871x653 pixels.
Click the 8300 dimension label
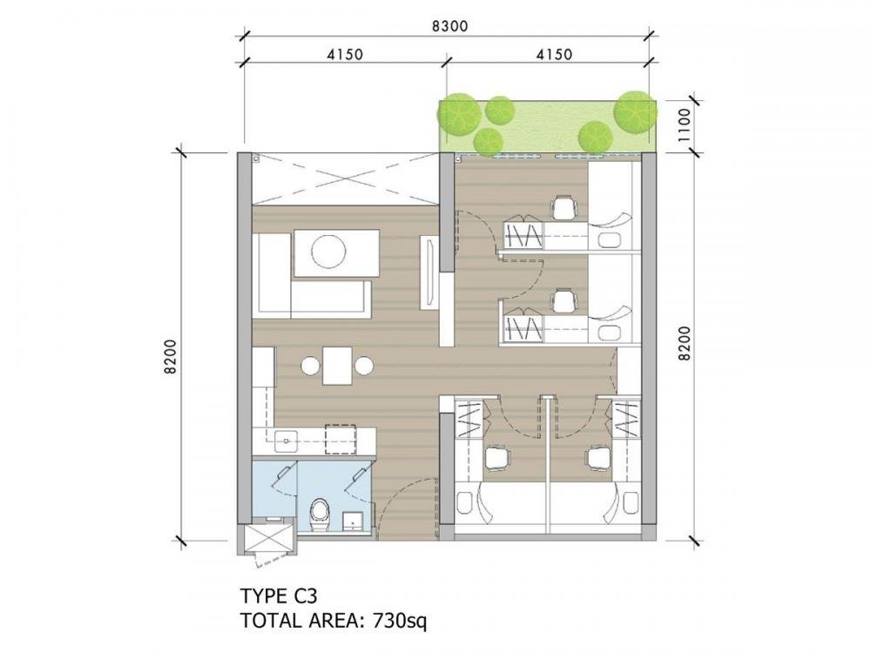450,26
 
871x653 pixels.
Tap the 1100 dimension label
684,125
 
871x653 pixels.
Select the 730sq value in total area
400,620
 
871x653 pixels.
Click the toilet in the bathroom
320,515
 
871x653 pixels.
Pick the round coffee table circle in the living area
329,252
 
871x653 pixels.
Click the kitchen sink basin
287,441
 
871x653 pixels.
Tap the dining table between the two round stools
338,366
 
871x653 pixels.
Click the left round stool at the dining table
310,366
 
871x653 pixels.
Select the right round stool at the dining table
364,366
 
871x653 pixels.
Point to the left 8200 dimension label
171,356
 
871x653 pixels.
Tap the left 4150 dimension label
344,54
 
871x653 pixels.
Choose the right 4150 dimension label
553,54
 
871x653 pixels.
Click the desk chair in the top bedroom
564,208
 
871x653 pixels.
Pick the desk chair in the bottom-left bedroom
496,459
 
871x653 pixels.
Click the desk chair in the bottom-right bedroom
598,459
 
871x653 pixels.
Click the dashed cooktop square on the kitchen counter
340,441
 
